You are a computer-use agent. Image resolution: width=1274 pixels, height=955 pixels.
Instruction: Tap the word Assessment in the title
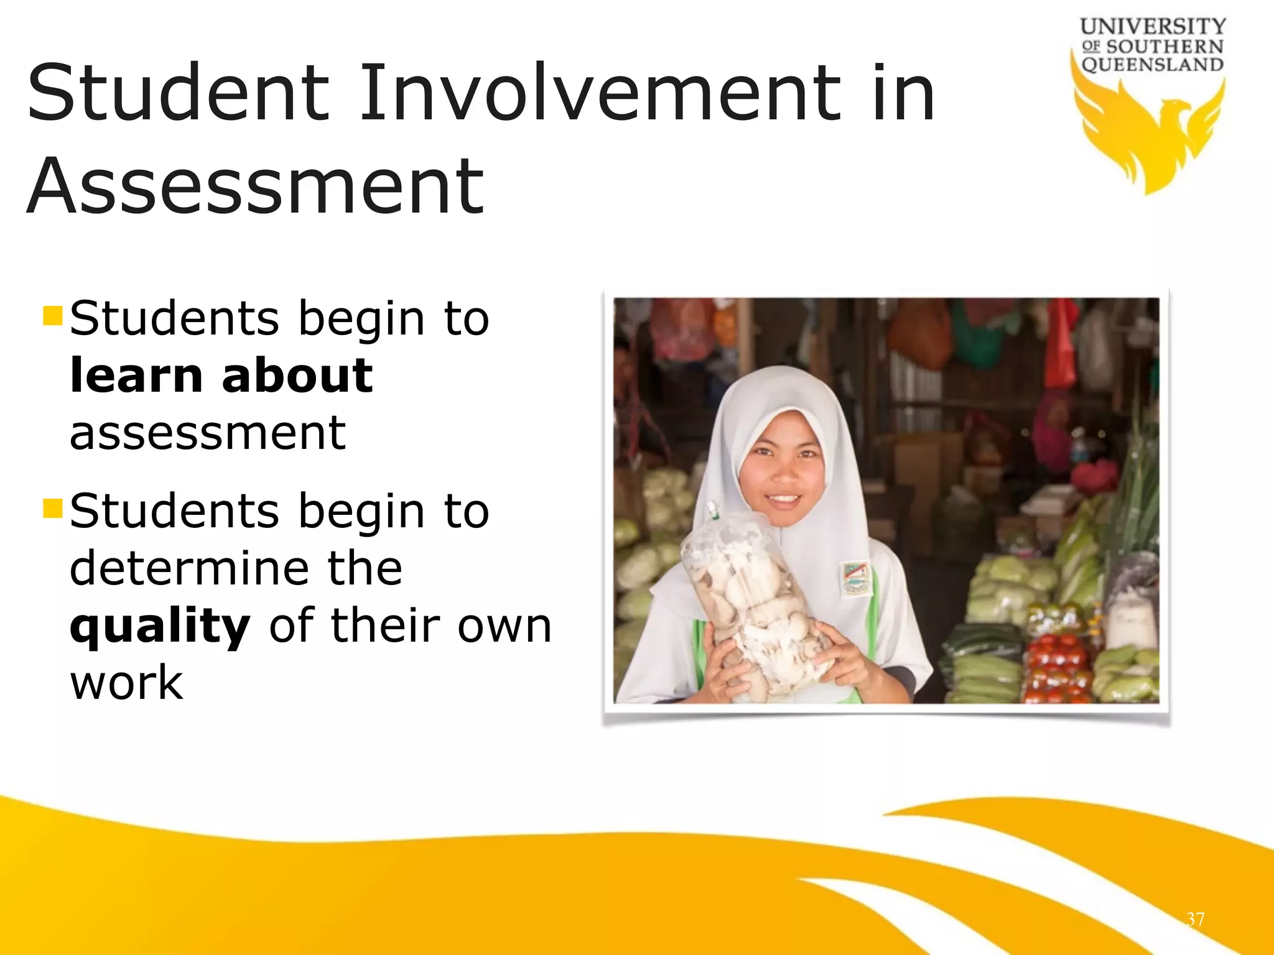pos(255,187)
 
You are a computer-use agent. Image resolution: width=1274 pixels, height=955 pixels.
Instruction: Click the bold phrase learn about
pos(221,376)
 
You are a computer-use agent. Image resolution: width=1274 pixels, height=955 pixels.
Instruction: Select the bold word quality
pos(160,626)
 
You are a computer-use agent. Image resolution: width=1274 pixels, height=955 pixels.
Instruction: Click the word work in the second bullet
pos(126,682)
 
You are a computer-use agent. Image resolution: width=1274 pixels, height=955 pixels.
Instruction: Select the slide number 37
pos(1195,919)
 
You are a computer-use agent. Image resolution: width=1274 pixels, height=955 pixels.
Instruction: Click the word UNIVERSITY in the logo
pos(1153,27)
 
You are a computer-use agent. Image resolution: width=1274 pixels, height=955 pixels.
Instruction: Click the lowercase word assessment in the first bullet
pos(207,433)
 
